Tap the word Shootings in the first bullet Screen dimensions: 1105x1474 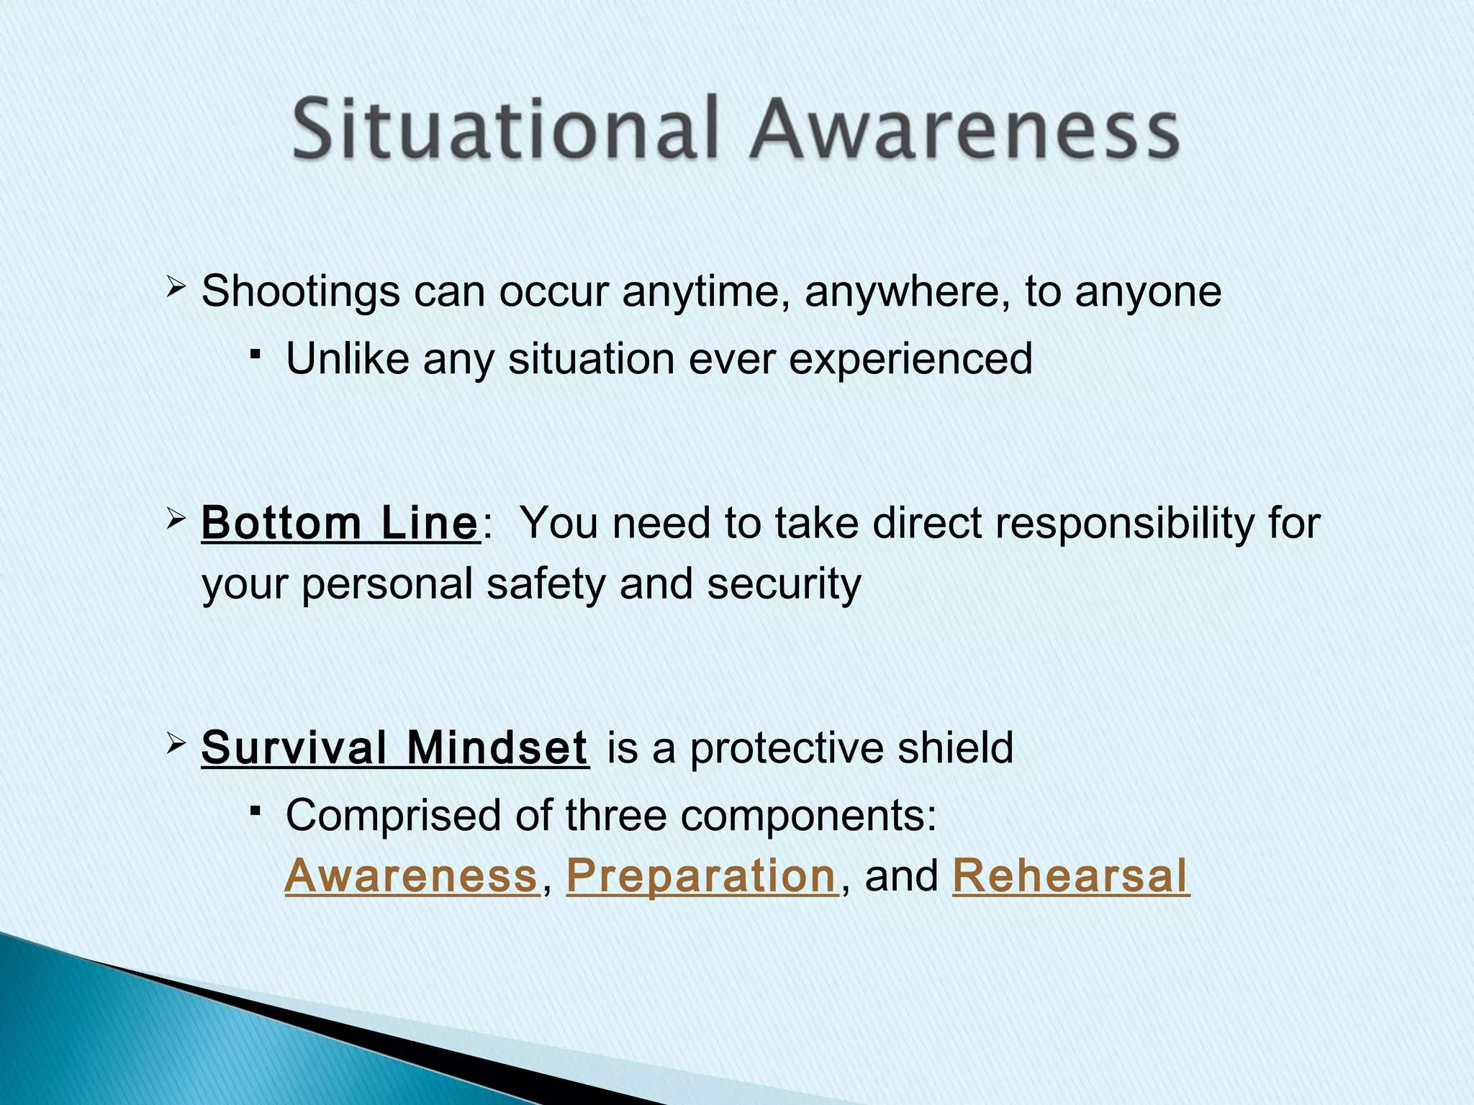click(x=300, y=292)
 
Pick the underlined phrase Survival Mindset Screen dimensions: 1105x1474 click(x=394, y=747)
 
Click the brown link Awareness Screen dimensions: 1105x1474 click(x=412, y=876)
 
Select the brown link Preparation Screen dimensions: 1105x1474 click(x=702, y=876)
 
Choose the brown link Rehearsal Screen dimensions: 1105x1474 click(x=1070, y=876)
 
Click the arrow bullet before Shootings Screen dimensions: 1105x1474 click(x=176, y=290)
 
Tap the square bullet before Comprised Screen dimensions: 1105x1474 click(x=256, y=811)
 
